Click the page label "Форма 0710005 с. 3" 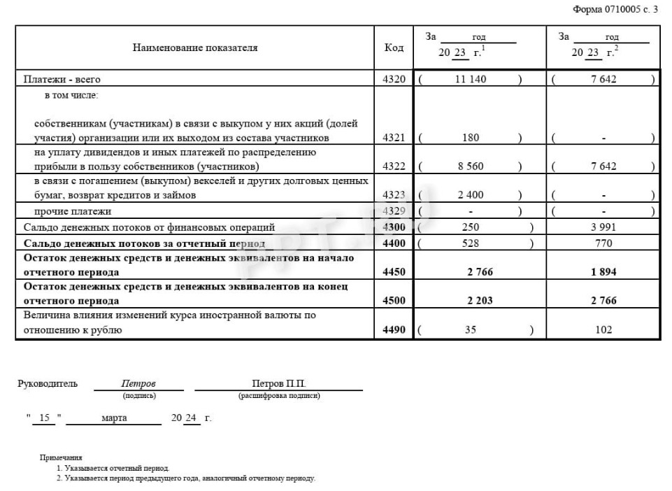pyautogui.click(x=615, y=9)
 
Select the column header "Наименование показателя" pyautogui.click(x=195, y=48)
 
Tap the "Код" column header pyautogui.click(x=394, y=48)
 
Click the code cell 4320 pyautogui.click(x=394, y=79)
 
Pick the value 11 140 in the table pyautogui.click(x=470, y=79)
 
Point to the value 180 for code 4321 pyautogui.click(x=471, y=138)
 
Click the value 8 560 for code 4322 pyautogui.click(x=470, y=166)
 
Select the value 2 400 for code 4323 pyautogui.click(x=470, y=195)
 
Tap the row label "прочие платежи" pyautogui.click(x=73, y=211)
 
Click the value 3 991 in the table pyautogui.click(x=603, y=227)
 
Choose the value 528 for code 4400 pyautogui.click(x=471, y=243)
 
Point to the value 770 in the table pyautogui.click(x=603, y=243)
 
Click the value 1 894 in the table pyautogui.click(x=603, y=272)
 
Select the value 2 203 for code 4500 pyautogui.click(x=480, y=301)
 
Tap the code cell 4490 pyautogui.click(x=394, y=329)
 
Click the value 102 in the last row pyautogui.click(x=603, y=329)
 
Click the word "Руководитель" pyautogui.click(x=48, y=383)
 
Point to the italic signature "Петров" pyautogui.click(x=138, y=383)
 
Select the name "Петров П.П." pyautogui.click(x=279, y=383)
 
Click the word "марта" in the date pyautogui.click(x=114, y=418)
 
